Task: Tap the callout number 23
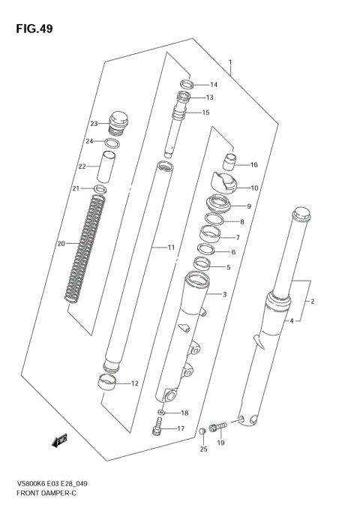coord(94,124)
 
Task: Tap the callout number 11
coord(171,248)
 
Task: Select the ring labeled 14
coord(187,84)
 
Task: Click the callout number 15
coord(205,113)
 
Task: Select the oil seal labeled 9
coord(217,204)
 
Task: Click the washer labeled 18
coord(163,413)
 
